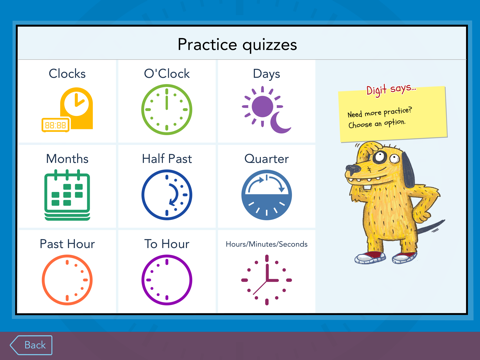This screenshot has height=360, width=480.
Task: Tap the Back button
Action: tap(31, 345)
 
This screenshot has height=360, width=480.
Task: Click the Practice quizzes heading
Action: tap(237, 44)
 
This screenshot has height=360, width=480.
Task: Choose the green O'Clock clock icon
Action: tap(166, 109)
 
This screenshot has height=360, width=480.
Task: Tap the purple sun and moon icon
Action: tap(265, 109)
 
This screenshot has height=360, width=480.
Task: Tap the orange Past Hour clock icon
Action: tap(67, 280)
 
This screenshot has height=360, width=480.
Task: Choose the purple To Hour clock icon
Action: tap(166, 280)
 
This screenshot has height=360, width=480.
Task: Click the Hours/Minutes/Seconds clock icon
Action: tap(266, 280)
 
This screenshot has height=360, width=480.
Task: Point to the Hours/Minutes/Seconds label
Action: tap(266, 244)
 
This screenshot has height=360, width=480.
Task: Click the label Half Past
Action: tap(166, 159)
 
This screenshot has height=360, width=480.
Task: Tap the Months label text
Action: tap(67, 159)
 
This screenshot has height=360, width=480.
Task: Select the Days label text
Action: tap(266, 74)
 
